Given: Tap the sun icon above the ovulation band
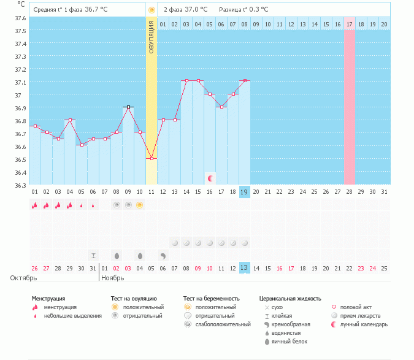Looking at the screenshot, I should tap(151, 10).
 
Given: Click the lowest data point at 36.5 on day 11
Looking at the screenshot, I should tap(151, 158).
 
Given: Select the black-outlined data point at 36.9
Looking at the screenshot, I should tap(128, 107).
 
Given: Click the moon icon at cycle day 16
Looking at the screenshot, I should tap(210, 178).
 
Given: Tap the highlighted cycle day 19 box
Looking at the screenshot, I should tap(245, 192).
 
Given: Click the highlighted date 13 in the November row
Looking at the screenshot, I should tap(245, 268).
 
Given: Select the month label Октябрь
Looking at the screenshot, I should tap(23, 278).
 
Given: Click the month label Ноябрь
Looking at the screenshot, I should tap(113, 278).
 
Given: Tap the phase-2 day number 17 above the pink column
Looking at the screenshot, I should tap(350, 24).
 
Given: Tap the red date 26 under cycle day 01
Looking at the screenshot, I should tap(35, 268).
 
